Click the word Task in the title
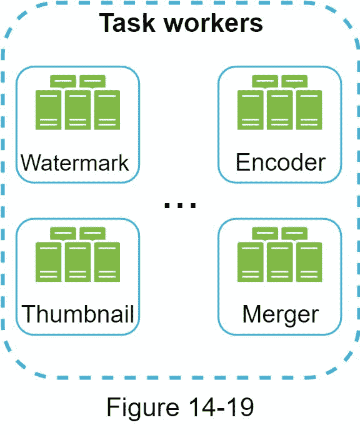tap(127, 23)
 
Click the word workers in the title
tap(214, 23)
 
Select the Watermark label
tap(75, 163)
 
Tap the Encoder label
tap(281, 162)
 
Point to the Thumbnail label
tap(77, 314)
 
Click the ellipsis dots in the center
tap(180, 205)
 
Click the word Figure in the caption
tap(143, 407)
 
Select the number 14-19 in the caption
tap(221, 407)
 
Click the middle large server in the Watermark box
tap(77, 110)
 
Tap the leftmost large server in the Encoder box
tap(251, 110)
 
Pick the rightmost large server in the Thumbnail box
tap(107, 262)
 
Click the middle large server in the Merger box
tap(279, 262)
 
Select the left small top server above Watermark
tap(63, 81)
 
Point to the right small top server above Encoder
tap(294, 81)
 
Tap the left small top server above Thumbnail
tap(63, 233)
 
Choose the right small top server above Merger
tap(294, 233)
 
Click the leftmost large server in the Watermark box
tap(49, 110)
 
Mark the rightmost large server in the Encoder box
tap(309, 110)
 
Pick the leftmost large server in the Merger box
tap(251, 262)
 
